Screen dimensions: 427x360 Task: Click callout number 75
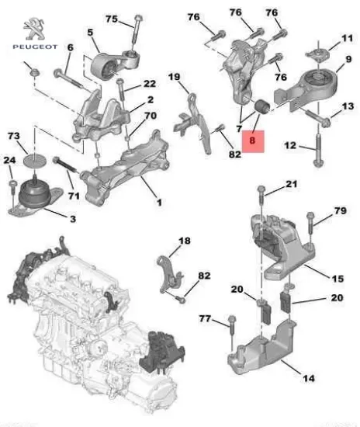point(112,19)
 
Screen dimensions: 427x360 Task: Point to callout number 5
point(90,32)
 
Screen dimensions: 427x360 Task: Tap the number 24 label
point(10,161)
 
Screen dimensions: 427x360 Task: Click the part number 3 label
point(72,220)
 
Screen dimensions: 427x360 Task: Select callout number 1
point(159,203)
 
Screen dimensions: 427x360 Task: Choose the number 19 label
point(175,76)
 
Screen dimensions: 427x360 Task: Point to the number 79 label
point(340,210)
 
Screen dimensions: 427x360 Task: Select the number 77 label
point(204,318)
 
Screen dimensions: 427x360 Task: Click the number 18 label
point(184,242)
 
